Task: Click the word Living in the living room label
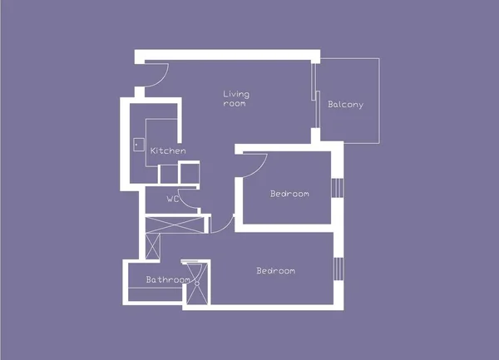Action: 236,95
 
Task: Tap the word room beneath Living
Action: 235,103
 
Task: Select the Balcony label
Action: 346,105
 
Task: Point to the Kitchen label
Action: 168,150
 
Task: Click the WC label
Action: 173,199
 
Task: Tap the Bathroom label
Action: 168,279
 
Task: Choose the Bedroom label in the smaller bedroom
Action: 289,194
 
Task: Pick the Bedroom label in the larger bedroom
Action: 276,271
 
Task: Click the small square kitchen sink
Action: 139,145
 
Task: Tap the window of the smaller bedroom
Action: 338,188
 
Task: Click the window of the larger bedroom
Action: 338,269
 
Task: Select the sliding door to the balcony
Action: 316,96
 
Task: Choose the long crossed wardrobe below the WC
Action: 175,224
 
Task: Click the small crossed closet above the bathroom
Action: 153,246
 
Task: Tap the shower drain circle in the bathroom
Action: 197,283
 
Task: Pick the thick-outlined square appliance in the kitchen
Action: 190,173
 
